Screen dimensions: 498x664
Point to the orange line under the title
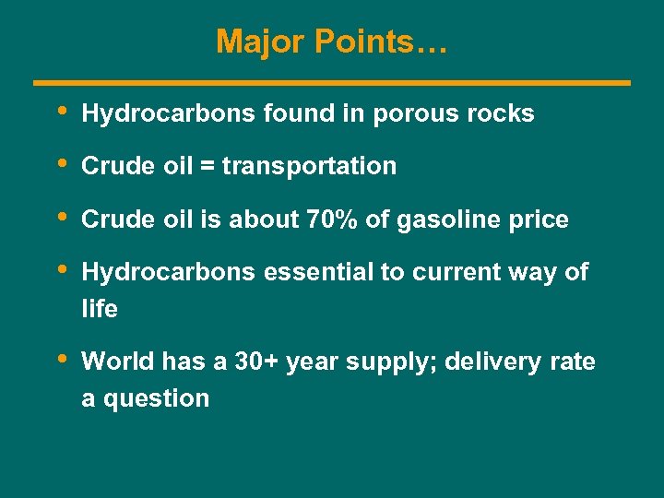coord(332,83)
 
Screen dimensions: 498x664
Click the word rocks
coord(501,113)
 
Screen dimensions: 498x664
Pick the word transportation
coord(310,167)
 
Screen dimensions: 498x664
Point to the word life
coord(100,309)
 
